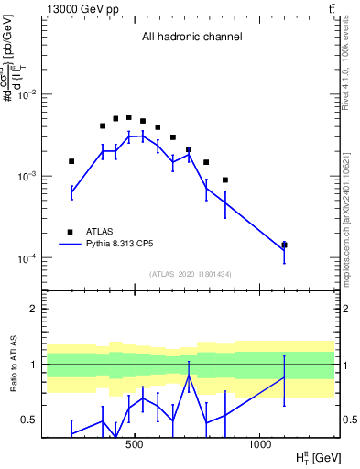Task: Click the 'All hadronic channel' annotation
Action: pyautogui.click(x=191, y=38)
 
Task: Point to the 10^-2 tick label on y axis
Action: pyautogui.click(x=29, y=94)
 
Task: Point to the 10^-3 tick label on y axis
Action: pyautogui.click(x=29, y=176)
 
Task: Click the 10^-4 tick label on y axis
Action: pyautogui.click(x=29, y=258)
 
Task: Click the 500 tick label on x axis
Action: pyautogui.click(x=135, y=444)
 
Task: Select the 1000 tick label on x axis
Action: pyautogui.click(x=259, y=444)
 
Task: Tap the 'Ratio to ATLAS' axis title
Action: pyautogui.click(x=13, y=364)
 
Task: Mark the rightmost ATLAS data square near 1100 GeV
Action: pyautogui.click(x=284, y=245)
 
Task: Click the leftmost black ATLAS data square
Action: pyautogui.click(x=71, y=161)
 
